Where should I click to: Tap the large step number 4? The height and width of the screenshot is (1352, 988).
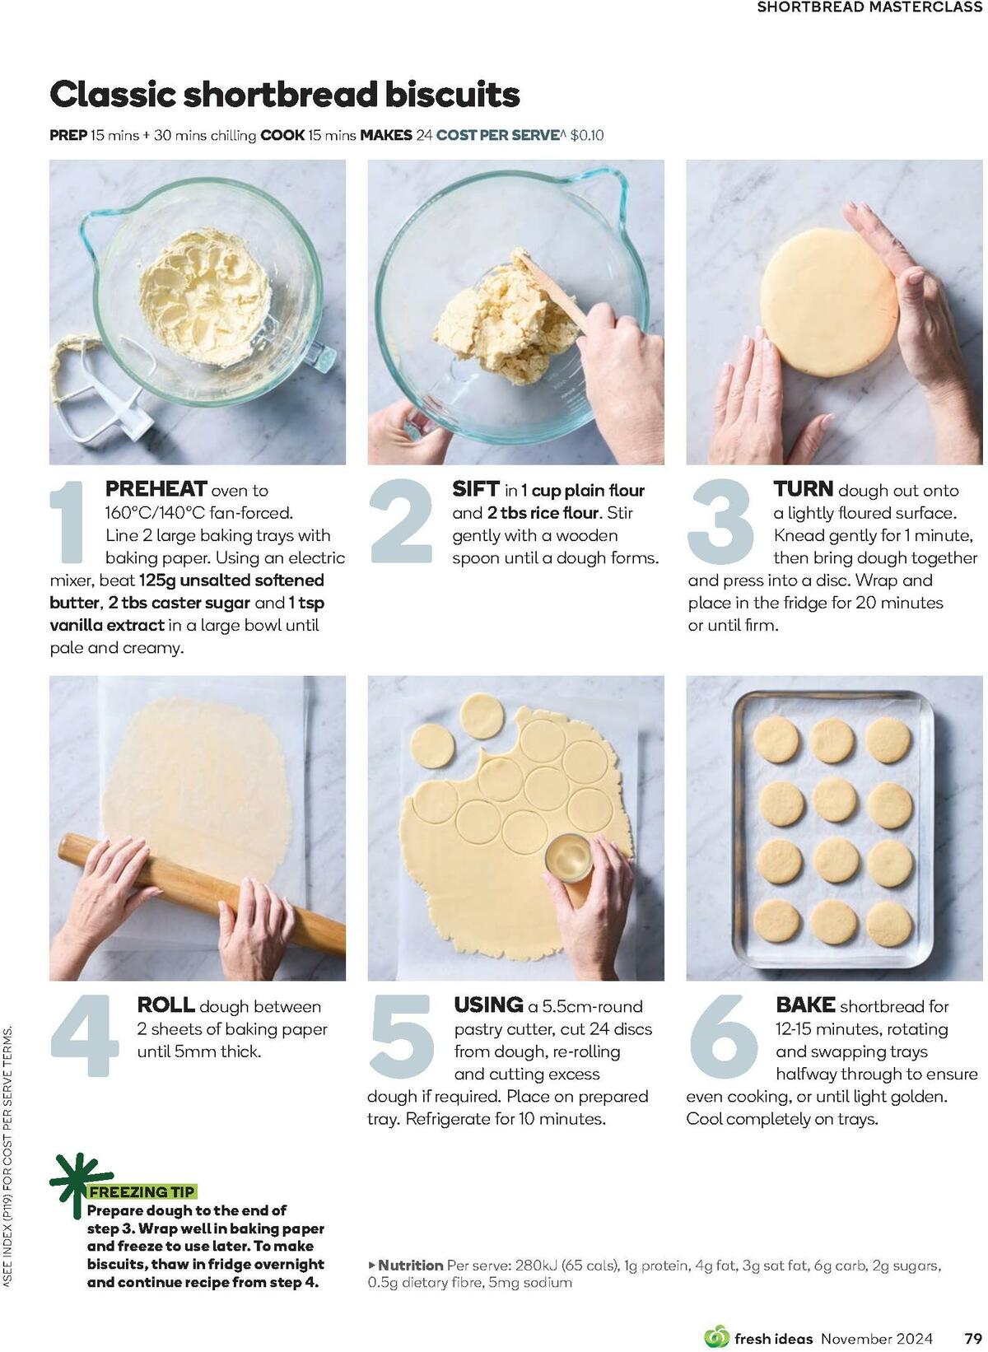click(85, 1036)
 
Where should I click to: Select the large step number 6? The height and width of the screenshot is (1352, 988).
click(722, 1036)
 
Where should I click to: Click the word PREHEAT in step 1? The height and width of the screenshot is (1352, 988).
click(156, 489)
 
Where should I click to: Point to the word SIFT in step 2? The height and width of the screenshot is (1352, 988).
click(476, 489)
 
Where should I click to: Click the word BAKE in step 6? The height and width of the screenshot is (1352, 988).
click(805, 1005)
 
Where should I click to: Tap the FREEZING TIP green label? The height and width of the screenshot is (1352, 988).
click(142, 1191)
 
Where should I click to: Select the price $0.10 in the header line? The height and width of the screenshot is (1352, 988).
click(586, 135)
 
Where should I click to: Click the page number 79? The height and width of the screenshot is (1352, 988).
click(972, 1338)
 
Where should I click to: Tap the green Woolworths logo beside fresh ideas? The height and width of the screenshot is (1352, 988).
click(717, 1336)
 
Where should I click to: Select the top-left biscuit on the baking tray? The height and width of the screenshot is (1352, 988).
click(776, 738)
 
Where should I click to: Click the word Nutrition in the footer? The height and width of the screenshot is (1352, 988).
click(410, 1265)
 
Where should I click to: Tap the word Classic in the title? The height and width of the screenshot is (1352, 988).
click(113, 95)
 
